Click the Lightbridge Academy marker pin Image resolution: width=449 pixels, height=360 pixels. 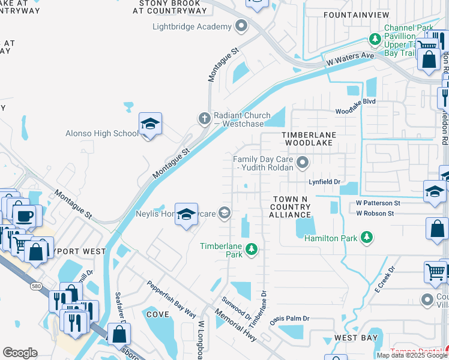click(x=241, y=26)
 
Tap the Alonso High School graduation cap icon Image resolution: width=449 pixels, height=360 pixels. click(x=150, y=124)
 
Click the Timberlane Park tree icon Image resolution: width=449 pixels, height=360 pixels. click(x=253, y=248)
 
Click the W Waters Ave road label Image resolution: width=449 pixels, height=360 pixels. click(x=351, y=59)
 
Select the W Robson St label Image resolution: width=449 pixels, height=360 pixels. click(x=375, y=213)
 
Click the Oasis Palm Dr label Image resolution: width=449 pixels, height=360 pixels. click(x=289, y=319)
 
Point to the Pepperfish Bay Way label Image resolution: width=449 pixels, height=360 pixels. click(x=171, y=299)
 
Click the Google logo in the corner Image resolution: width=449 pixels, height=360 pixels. click(x=20, y=353)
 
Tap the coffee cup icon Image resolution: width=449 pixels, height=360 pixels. click(x=24, y=215)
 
